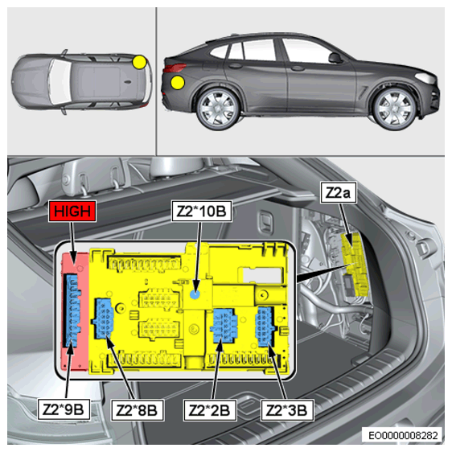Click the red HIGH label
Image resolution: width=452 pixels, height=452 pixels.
72,211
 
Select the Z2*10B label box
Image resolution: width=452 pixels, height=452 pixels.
202,211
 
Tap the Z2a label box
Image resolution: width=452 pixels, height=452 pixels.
338,192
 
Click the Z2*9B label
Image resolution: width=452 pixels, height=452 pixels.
64,409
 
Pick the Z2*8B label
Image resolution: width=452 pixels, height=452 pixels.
138,410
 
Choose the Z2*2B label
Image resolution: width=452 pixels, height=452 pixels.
210,410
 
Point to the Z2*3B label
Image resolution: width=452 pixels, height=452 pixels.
287,410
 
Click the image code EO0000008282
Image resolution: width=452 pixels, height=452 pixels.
403,435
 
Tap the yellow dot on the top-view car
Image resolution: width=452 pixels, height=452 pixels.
139,62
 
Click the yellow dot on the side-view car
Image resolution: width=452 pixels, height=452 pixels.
178,83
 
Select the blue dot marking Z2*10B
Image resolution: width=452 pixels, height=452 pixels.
195,294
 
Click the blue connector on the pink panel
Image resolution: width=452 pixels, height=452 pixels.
72,310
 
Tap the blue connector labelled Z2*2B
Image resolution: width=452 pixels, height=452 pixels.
224,326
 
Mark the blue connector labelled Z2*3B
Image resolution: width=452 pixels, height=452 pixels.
265,327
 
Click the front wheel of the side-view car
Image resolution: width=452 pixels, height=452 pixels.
395,108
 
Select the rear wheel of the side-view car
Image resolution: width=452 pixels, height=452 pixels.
218,109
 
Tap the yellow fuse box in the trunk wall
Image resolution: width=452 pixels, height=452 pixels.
355,265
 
